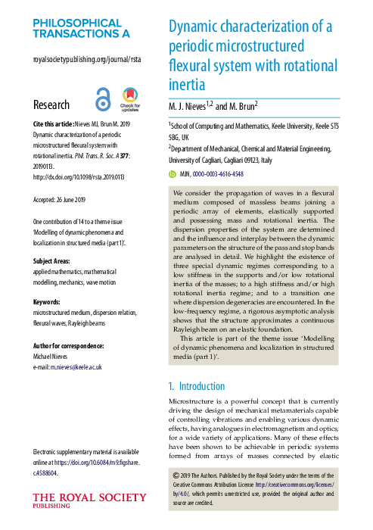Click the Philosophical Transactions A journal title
tap(81, 29)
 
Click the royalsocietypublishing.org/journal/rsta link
tap(87, 59)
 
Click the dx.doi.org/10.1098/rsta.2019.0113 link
tap(78, 176)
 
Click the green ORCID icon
tap(172, 173)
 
